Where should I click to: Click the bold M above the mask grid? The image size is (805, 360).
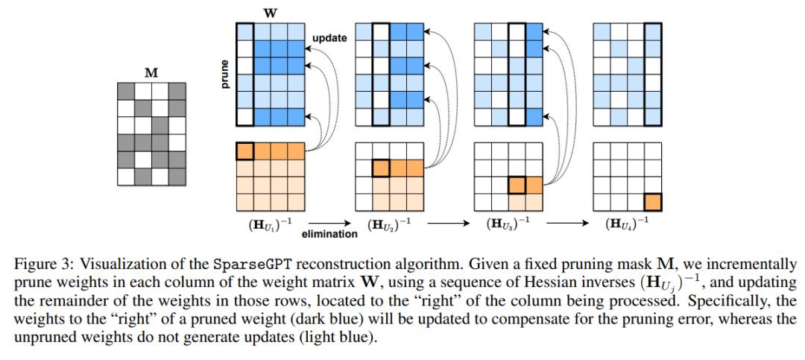(x=151, y=73)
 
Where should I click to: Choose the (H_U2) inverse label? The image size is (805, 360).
(x=391, y=223)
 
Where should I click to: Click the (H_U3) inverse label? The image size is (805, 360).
(x=510, y=223)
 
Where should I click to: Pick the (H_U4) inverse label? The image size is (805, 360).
(x=629, y=223)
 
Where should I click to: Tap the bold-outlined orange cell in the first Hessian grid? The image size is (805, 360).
(x=246, y=151)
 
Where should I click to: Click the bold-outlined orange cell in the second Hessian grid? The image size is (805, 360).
(x=381, y=168)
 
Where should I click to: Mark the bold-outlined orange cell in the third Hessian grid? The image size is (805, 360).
(x=517, y=184)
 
